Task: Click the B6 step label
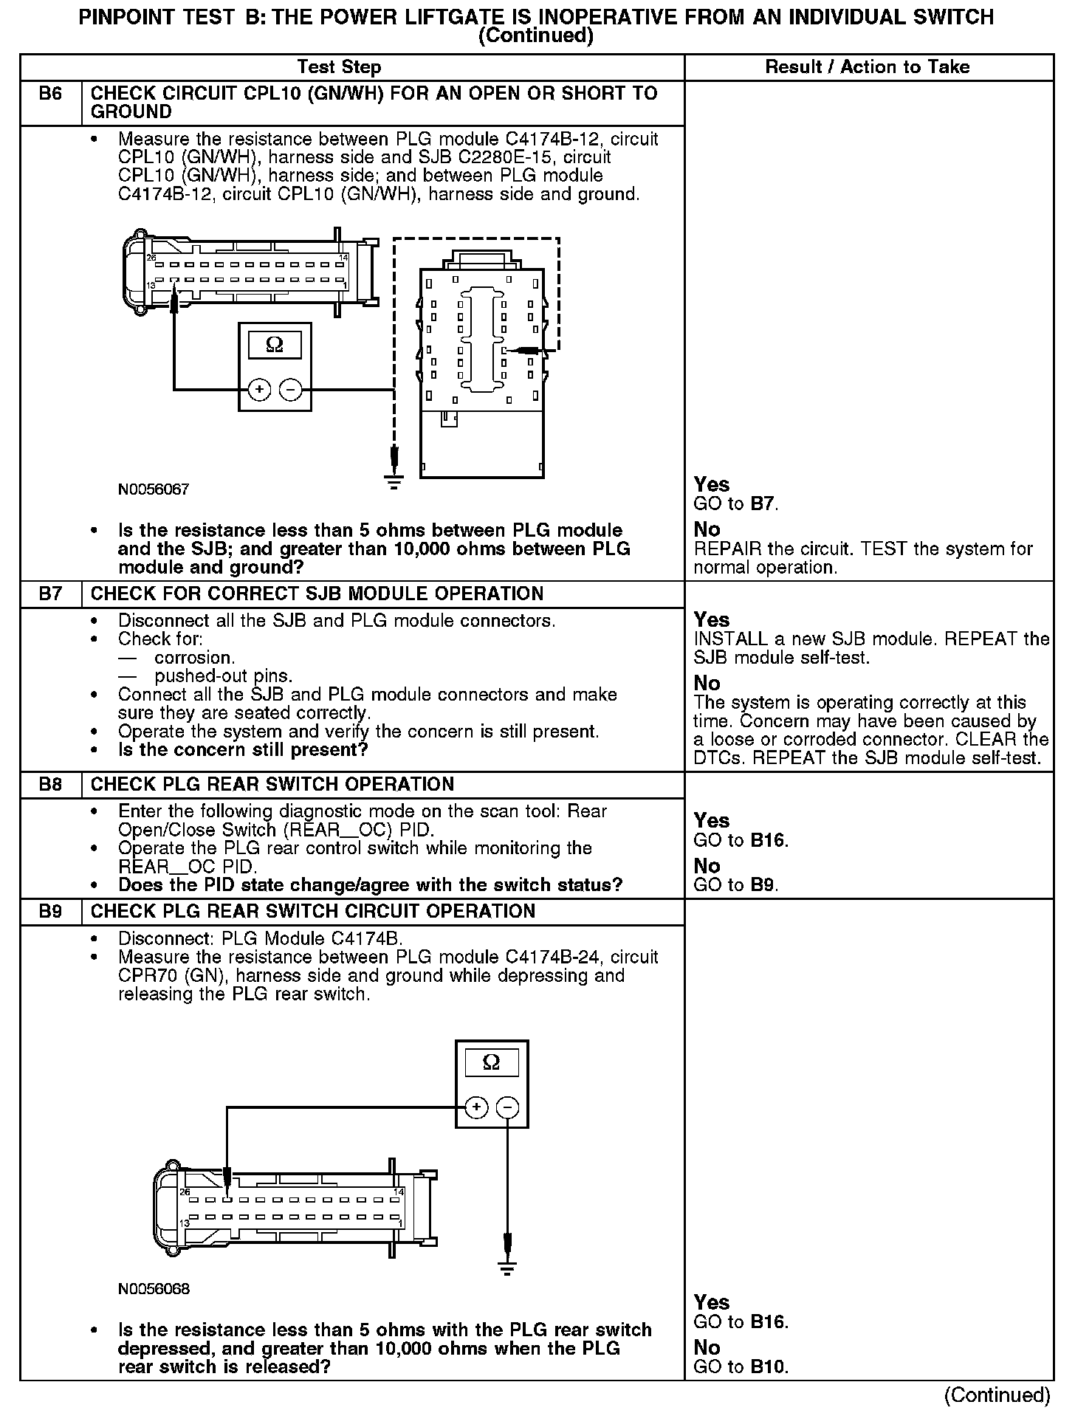50,94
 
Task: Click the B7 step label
50,594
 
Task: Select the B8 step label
50,785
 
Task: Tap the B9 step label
50,912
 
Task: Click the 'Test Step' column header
339,67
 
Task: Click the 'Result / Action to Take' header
868,67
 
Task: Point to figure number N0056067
154,489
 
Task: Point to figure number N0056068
154,1289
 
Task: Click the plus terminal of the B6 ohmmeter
259,389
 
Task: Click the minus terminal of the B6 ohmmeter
291,389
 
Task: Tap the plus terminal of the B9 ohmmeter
476,1107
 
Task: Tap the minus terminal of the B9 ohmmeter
507,1107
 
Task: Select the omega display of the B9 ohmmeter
491,1062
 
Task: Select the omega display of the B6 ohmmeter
274,345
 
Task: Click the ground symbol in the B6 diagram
395,482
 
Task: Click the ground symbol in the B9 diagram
507,1269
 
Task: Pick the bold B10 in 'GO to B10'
768,1366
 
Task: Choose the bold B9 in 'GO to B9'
763,884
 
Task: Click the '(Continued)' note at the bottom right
997,1395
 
